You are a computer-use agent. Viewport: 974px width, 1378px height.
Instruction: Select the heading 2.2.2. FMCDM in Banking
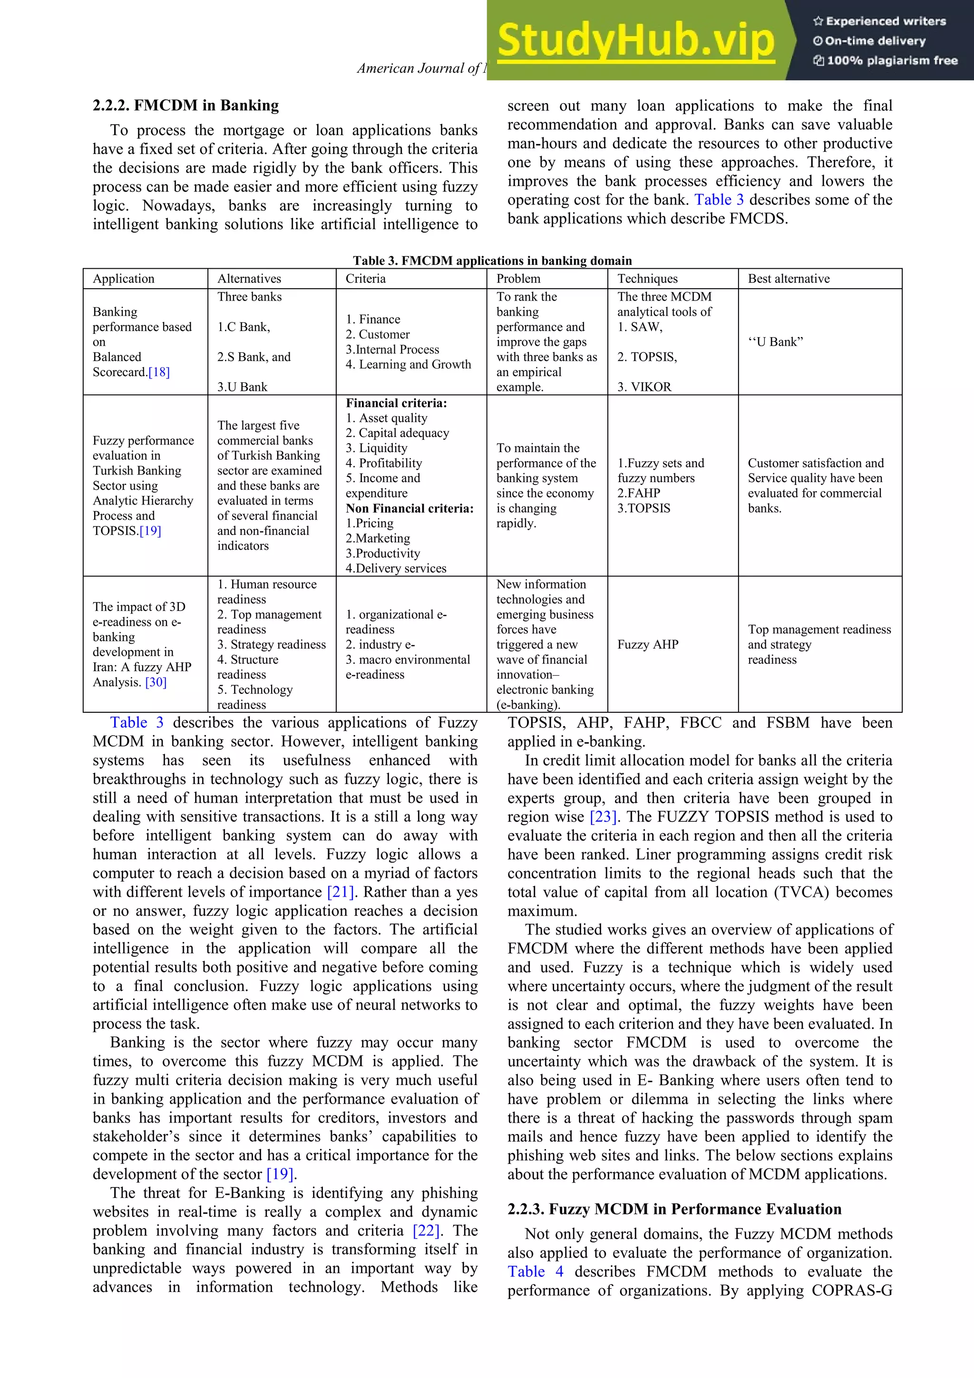click(185, 106)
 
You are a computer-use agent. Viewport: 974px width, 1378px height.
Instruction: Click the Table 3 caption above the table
click(492, 261)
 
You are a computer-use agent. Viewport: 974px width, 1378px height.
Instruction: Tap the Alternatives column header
click(249, 279)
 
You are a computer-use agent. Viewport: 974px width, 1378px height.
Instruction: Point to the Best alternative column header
click(789, 279)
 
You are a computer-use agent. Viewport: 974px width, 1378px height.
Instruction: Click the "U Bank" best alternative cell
click(775, 342)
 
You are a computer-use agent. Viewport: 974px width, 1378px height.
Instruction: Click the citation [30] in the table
click(156, 682)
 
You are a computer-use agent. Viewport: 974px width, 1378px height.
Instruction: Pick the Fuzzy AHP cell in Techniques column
click(648, 645)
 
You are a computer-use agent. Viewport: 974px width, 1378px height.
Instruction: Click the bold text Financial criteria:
click(396, 403)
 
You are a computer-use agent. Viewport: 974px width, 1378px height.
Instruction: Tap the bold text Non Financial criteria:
click(409, 508)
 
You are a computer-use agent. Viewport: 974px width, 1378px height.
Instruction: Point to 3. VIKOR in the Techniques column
click(644, 387)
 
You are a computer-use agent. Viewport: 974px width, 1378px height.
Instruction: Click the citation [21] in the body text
click(340, 893)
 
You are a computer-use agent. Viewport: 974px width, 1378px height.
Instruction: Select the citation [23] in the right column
click(604, 817)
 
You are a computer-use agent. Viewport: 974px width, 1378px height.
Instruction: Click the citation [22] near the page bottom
click(427, 1231)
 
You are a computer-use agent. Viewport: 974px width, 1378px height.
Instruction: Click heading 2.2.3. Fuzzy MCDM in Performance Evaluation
click(674, 1209)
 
